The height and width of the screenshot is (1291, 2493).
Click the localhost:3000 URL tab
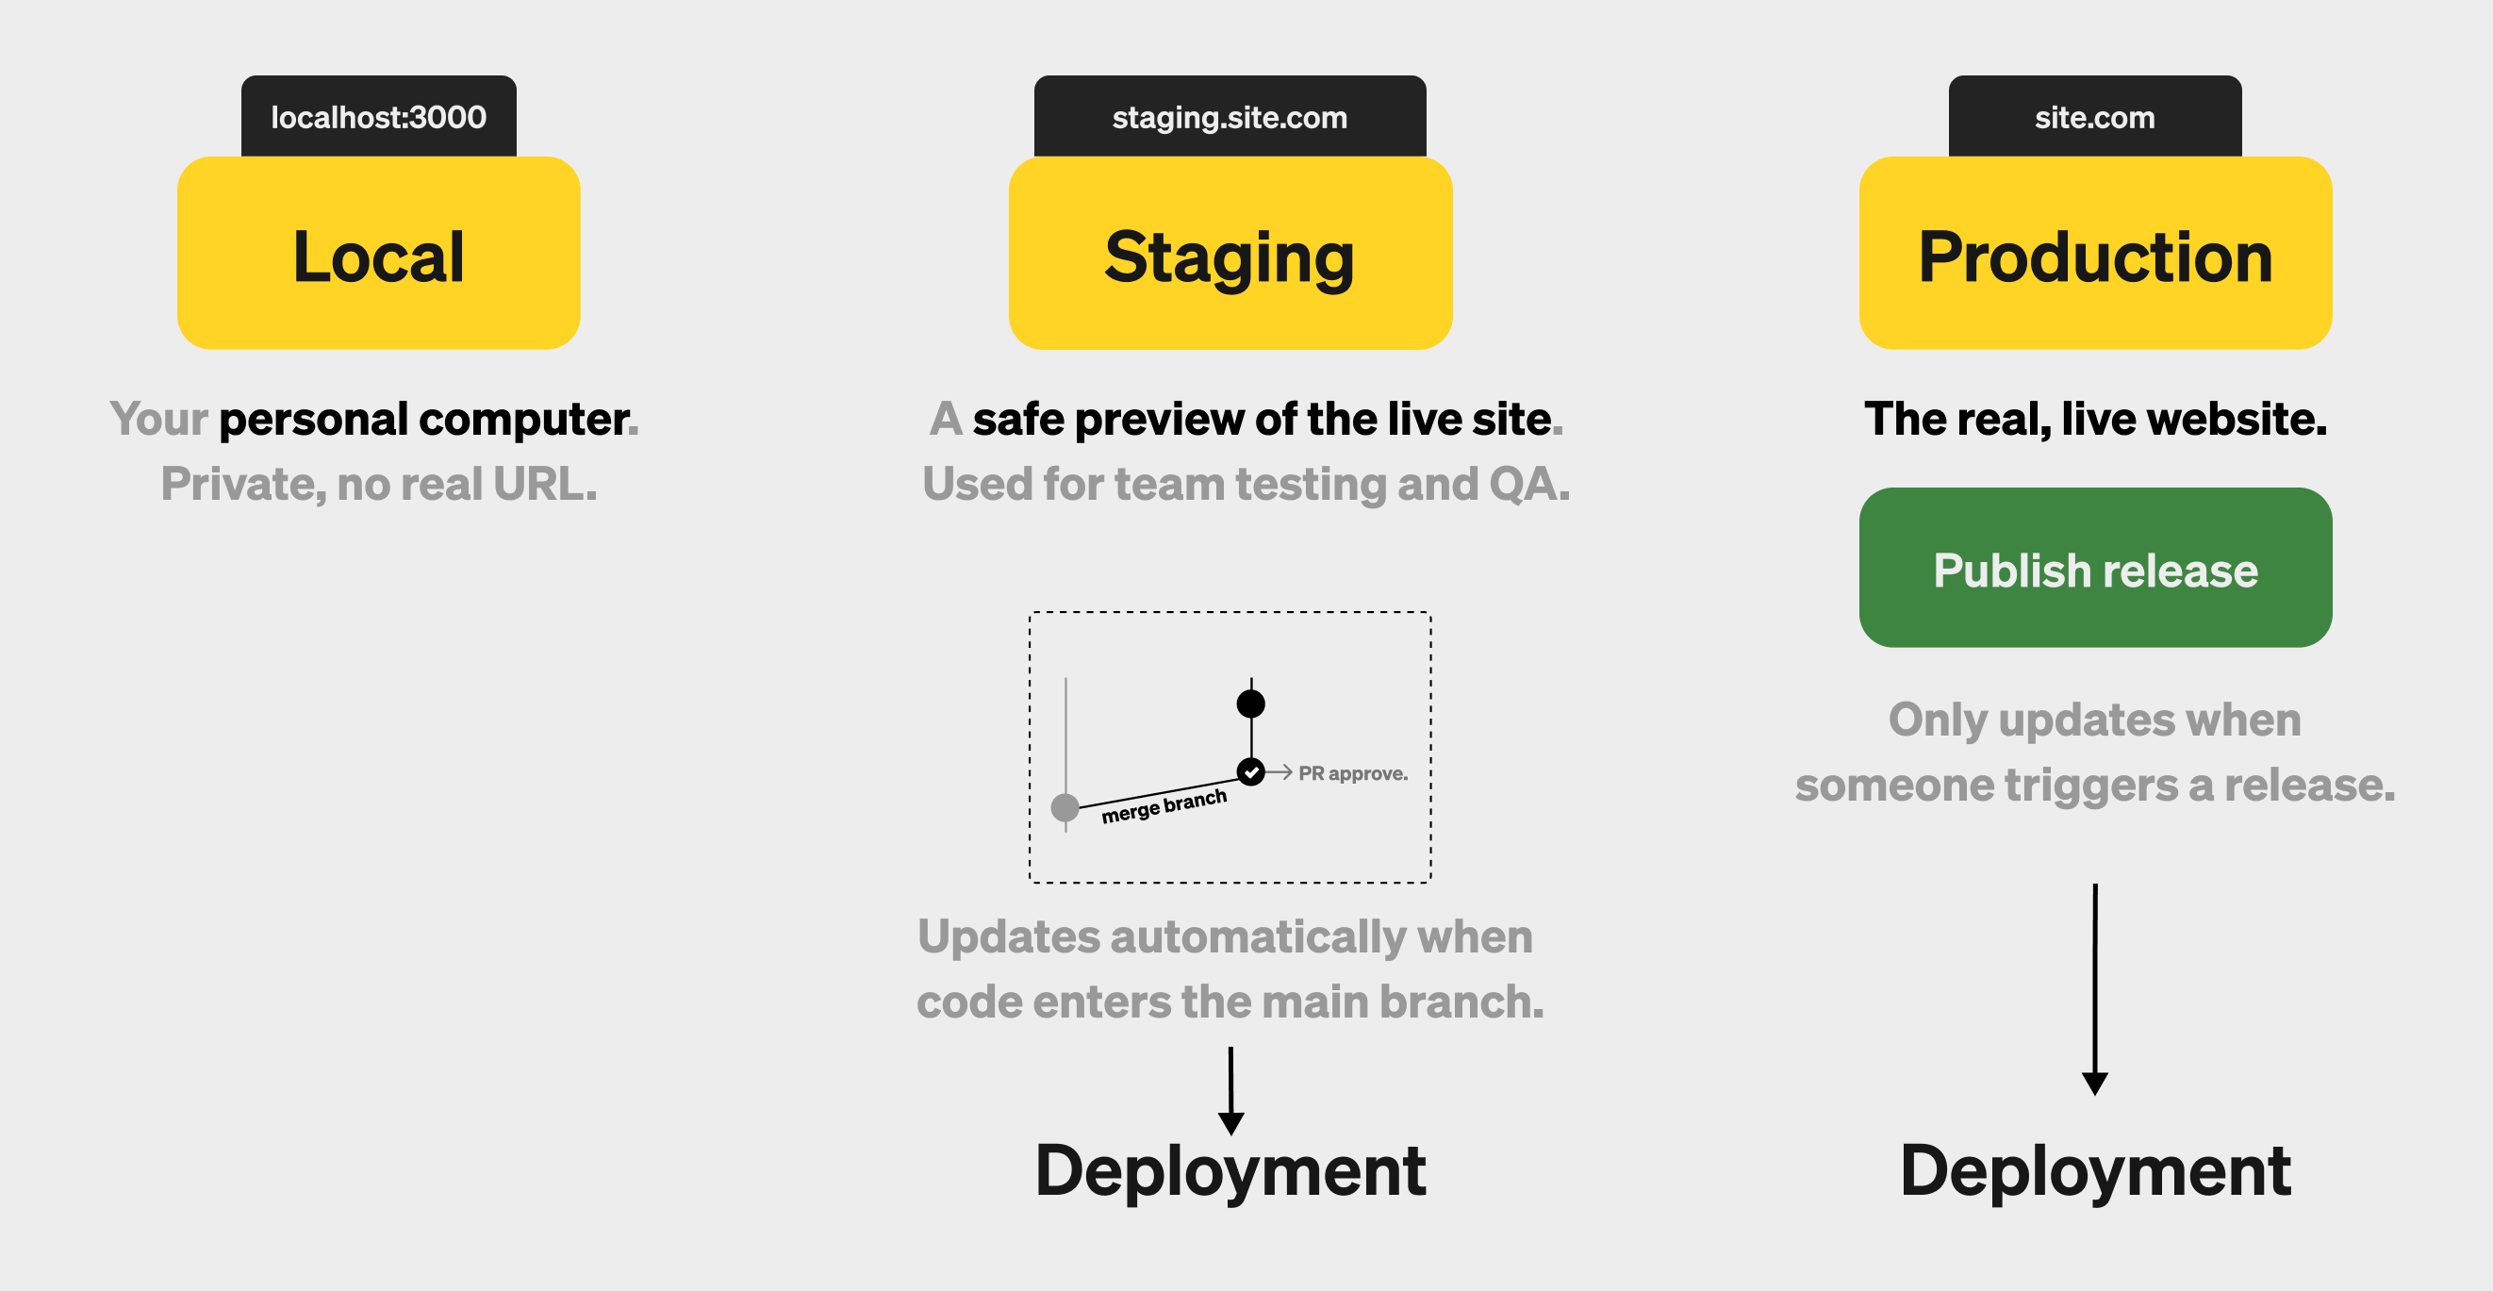[x=378, y=116]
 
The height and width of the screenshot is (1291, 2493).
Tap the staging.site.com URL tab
[x=1230, y=116]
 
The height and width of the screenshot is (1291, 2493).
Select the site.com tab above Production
[x=2095, y=116]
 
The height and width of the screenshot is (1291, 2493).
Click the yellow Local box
[x=378, y=253]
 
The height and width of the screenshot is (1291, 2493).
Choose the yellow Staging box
[x=1230, y=253]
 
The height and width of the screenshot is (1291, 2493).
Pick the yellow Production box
[x=2095, y=253]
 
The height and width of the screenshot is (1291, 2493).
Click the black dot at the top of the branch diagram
[x=1250, y=703]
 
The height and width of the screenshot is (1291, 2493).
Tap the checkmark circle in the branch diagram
[x=1251, y=772]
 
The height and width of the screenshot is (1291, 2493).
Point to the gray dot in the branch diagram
[x=1065, y=807]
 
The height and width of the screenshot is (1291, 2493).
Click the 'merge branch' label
[x=1164, y=806]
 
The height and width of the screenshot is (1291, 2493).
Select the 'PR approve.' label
[x=1353, y=773]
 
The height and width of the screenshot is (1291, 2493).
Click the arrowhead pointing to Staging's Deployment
[x=1231, y=1123]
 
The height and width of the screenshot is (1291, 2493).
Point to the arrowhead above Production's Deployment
[x=2095, y=1084]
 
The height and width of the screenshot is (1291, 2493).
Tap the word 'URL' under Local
[x=539, y=484]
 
